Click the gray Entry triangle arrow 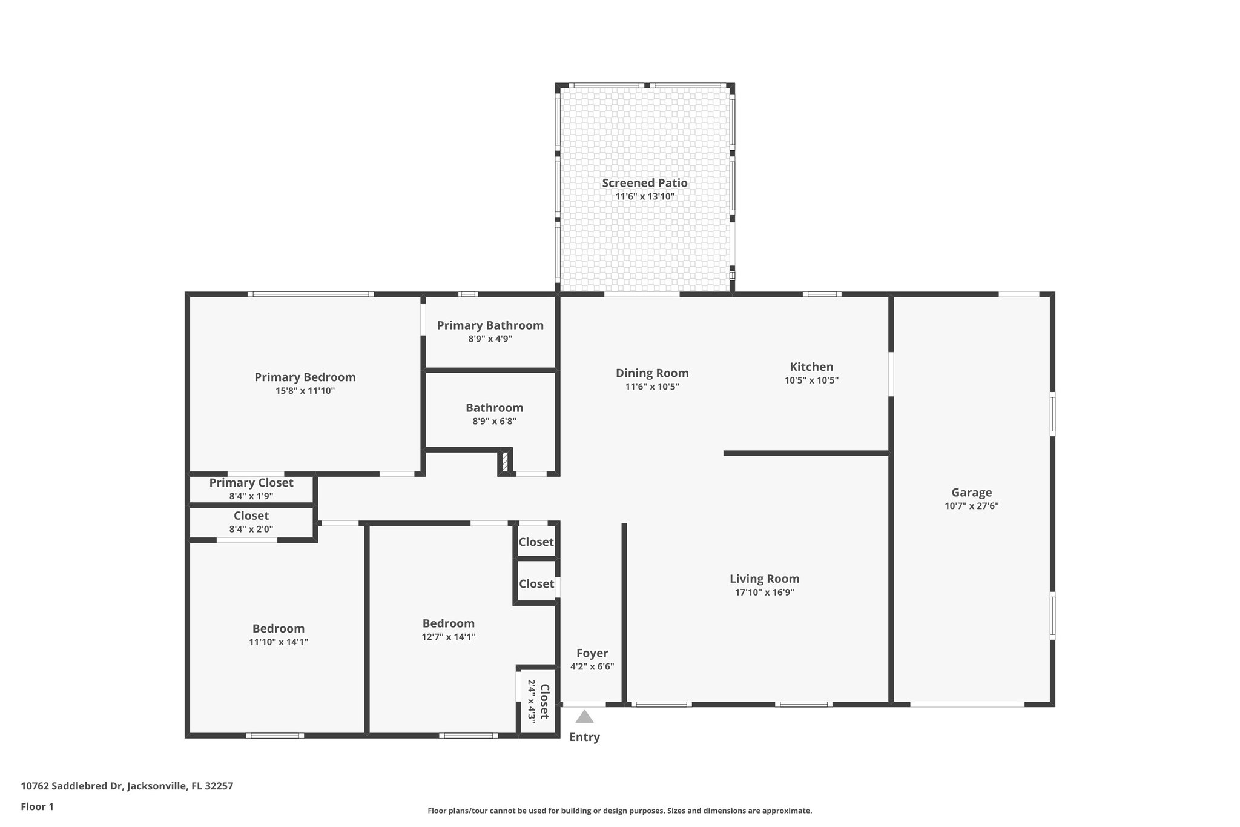click(x=584, y=717)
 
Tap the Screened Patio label click(x=644, y=183)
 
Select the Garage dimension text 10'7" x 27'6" click(x=971, y=506)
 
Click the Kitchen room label click(x=811, y=367)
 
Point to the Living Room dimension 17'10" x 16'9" click(x=764, y=593)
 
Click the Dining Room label click(x=652, y=373)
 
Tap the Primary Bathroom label click(x=490, y=325)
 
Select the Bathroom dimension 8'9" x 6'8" click(x=494, y=421)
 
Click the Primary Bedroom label click(x=305, y=377)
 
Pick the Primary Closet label click(x=251, y=483)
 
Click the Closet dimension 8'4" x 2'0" click(x=251, y=529)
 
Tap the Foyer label click(x=592, y=653)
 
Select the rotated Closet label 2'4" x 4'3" click(x=538, y=701)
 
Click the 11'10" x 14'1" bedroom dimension click(x=279, y=642)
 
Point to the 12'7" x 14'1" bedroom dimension click(x=448, y=637)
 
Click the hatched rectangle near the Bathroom click(x=505, y=462)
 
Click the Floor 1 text click(x=37, y=806)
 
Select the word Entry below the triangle click(x=584, y=737)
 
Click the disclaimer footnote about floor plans click(x=619, y=811)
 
